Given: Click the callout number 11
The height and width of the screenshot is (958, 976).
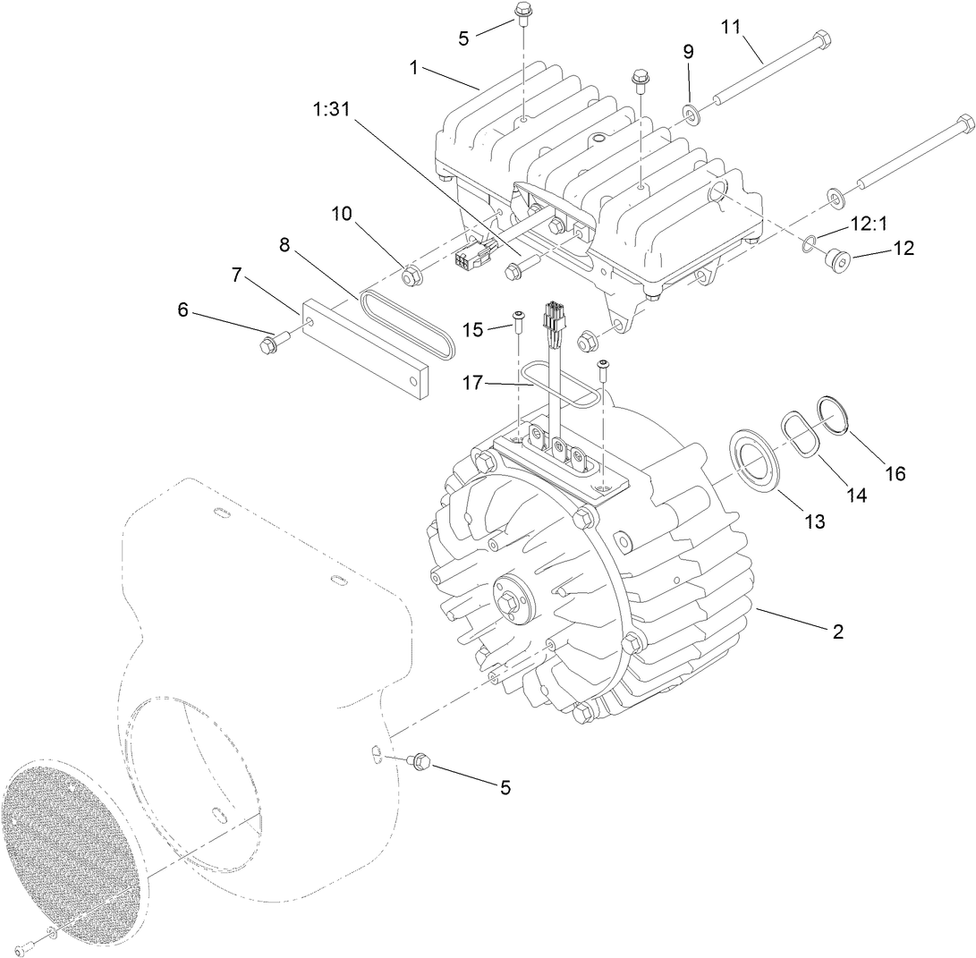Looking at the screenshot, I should (x=732, y=26).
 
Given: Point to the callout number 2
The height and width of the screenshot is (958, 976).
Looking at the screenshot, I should (x=837, y=631).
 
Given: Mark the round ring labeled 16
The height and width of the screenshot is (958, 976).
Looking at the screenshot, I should (x=835, y=416).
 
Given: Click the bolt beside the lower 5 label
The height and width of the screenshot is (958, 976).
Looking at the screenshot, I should (x=418, y=761).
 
